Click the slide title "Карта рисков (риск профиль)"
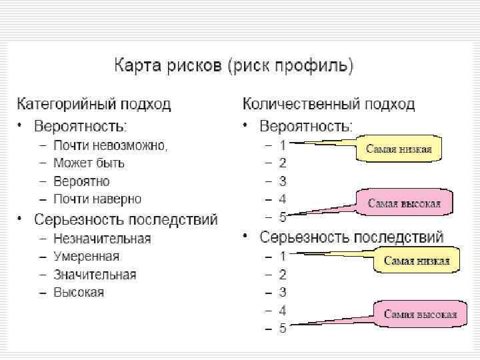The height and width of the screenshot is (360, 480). pyautogui.click(x=233, y=66)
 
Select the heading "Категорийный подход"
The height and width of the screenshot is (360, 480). pyautogui.click(x=94, y=105)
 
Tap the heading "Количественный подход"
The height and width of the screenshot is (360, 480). pyautogui.click(x=329, y=105)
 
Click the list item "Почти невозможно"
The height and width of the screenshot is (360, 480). pyautogui.click(x=111, y=145)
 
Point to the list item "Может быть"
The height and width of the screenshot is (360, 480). pyautogui.click(x=89, y=163)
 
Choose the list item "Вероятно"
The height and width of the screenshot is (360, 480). pyautogui.click(x=82, y=181)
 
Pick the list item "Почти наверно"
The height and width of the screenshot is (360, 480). pyautogui.click(x=98, y=199)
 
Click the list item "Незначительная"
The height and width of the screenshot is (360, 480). pyautogui.click(x=103, y=238)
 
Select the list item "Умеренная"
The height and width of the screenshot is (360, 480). pyautogui.click(x=87, y=256)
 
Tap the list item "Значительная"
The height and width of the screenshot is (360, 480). pyautogui.click(x=95, y=275)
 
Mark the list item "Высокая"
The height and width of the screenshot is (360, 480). pyautogui.click(x=79, y=293)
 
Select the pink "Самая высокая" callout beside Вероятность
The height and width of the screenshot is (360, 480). pyautogui.click(x=405, y=203)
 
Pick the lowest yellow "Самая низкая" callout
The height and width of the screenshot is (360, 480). pyautogui.click(x=417, y=261)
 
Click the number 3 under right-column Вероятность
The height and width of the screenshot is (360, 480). pyautogui.click(x=283, y=181)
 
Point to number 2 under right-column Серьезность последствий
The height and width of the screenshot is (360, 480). pyautogui.click(x=283, y=275)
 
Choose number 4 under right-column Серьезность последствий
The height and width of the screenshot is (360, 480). pyautogui.click(x=283, y=311)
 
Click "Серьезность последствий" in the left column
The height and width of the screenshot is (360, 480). pyautogui.click(x=126, y=219)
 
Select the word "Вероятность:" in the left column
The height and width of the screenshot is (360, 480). pyautogui.click(x=80, y=126)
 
